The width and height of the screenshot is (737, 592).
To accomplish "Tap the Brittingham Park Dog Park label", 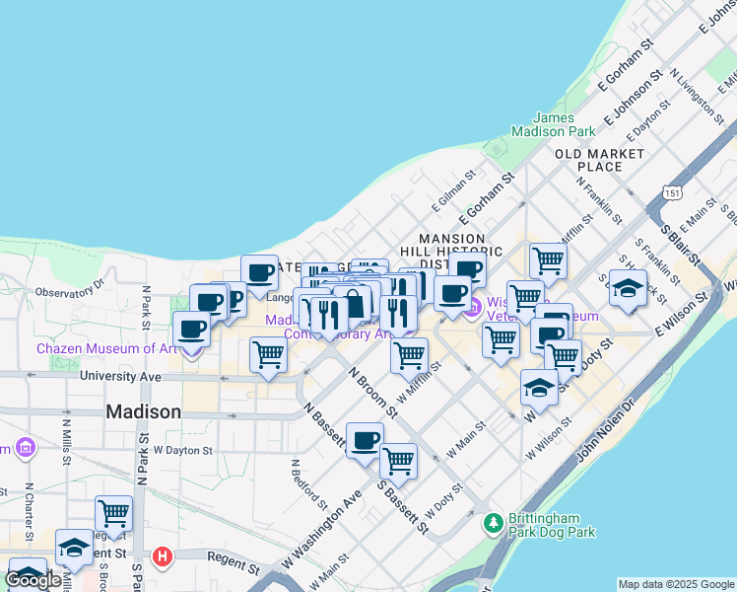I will pyautogui.click(x=553, y=524).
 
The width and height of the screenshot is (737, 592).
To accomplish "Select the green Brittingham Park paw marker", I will pyautogui.click(x=495, y=523).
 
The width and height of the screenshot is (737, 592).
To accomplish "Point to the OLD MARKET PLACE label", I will pyautogui.click(x=599, y=160).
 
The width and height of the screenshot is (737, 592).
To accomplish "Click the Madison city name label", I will pyautogui.click(x=143, y=411).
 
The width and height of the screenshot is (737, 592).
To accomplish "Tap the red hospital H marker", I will pyautogui.click(x=163, y=556).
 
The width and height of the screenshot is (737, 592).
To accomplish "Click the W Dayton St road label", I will pyautogui.click(x=183, y=450).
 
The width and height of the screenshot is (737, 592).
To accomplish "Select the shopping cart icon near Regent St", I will pyautogui.click(x=114, y=513).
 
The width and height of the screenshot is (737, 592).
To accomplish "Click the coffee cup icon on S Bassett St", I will pyautogui.click(x=365, y=439).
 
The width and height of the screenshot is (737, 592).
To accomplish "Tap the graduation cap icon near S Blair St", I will pyautogui.click(x=627, y=288).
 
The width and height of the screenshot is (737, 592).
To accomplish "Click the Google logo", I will pyautogui.click(x=33, y=580).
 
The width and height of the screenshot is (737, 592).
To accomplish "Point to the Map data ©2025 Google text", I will pyautogui.click(x=676, y=584).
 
